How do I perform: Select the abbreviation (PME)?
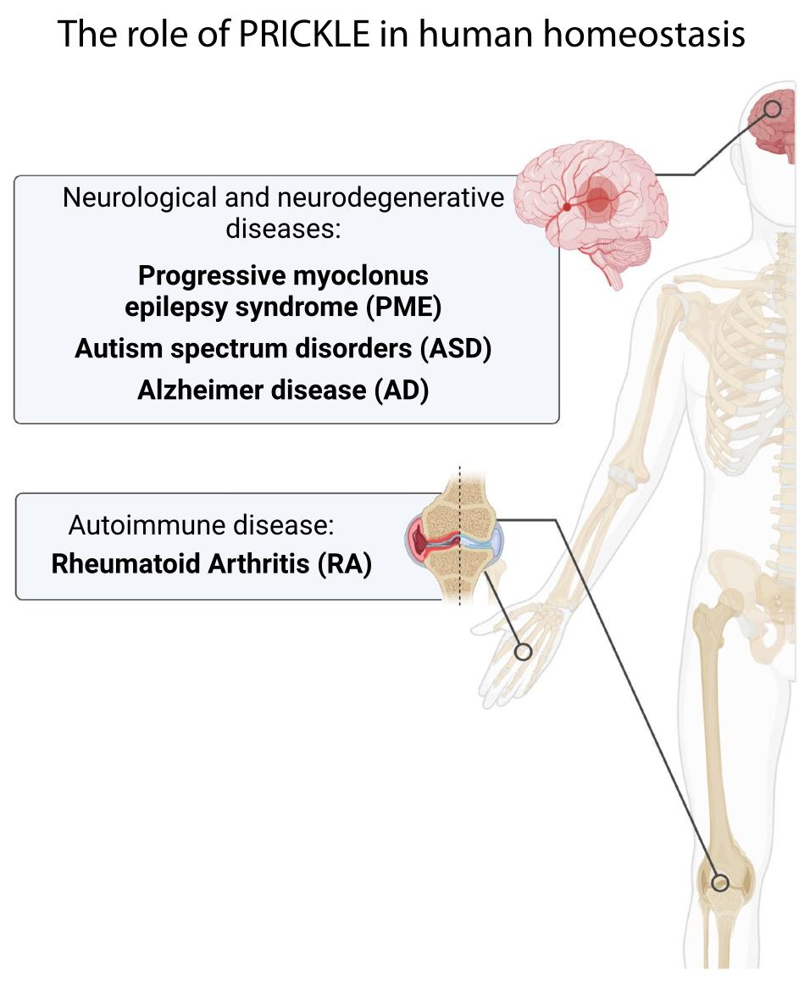404,307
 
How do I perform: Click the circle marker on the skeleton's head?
772,109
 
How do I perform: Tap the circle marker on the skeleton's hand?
523,651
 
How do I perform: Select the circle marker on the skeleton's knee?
720,883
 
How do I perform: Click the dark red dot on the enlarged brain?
567,207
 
